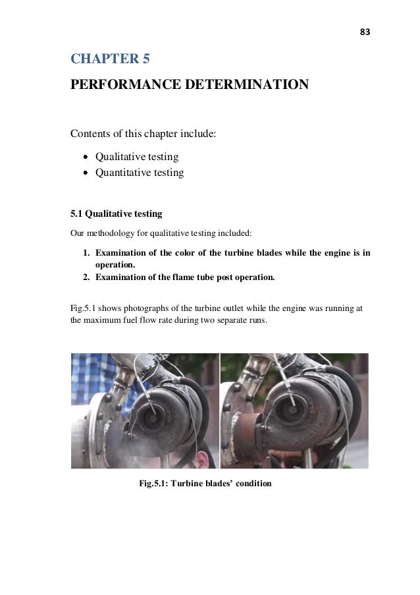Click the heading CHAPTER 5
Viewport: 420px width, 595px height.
coord(110,60)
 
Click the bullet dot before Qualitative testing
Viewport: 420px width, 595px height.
coord(86,157)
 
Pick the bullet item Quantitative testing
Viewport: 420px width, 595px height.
coord(139,173)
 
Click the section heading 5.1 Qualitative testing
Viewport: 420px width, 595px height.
coord(116,214)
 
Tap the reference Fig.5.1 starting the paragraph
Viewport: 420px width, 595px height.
coord(82,308)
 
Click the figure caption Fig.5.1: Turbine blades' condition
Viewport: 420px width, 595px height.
coord(205,484)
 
